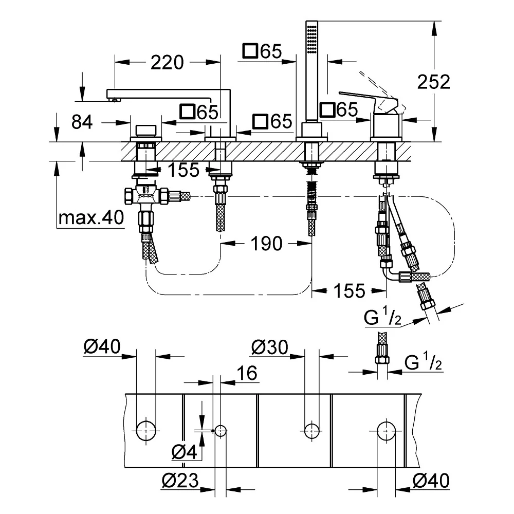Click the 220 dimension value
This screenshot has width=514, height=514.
[x=167, y=62]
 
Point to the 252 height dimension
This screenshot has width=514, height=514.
[x=433, y=82]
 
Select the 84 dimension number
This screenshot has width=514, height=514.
[x=82, y=122]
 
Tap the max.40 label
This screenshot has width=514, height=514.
[x=91, y=217]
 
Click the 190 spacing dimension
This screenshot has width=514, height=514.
[x=266, y=244]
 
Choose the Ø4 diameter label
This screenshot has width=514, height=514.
[x=184, y=452]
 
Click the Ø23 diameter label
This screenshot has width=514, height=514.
[x=180, y=481]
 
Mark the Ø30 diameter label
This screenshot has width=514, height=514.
[x=270, y=347]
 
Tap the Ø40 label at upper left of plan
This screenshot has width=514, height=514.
[x=102, y=346]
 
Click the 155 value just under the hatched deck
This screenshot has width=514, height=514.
[x=183, y=170]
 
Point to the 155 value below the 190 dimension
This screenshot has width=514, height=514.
[x=349, y=291]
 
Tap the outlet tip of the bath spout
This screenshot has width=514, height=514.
[x=114, y=100]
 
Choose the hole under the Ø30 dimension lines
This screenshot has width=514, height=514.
[x=312, y=430]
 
